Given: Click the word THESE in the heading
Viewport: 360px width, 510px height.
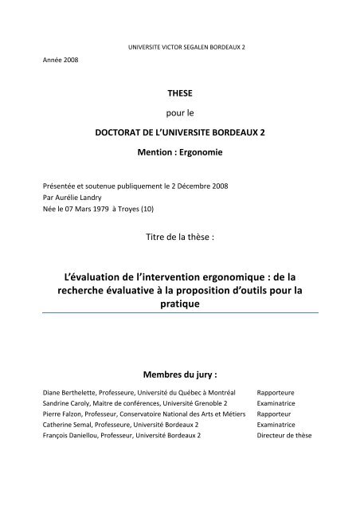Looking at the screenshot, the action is (179, 93).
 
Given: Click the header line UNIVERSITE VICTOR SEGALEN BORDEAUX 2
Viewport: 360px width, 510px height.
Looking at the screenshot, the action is (180, 47).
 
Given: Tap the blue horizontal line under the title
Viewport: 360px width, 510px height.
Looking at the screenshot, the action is (179, 315).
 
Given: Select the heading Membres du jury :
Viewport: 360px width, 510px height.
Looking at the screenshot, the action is (179, 375).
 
